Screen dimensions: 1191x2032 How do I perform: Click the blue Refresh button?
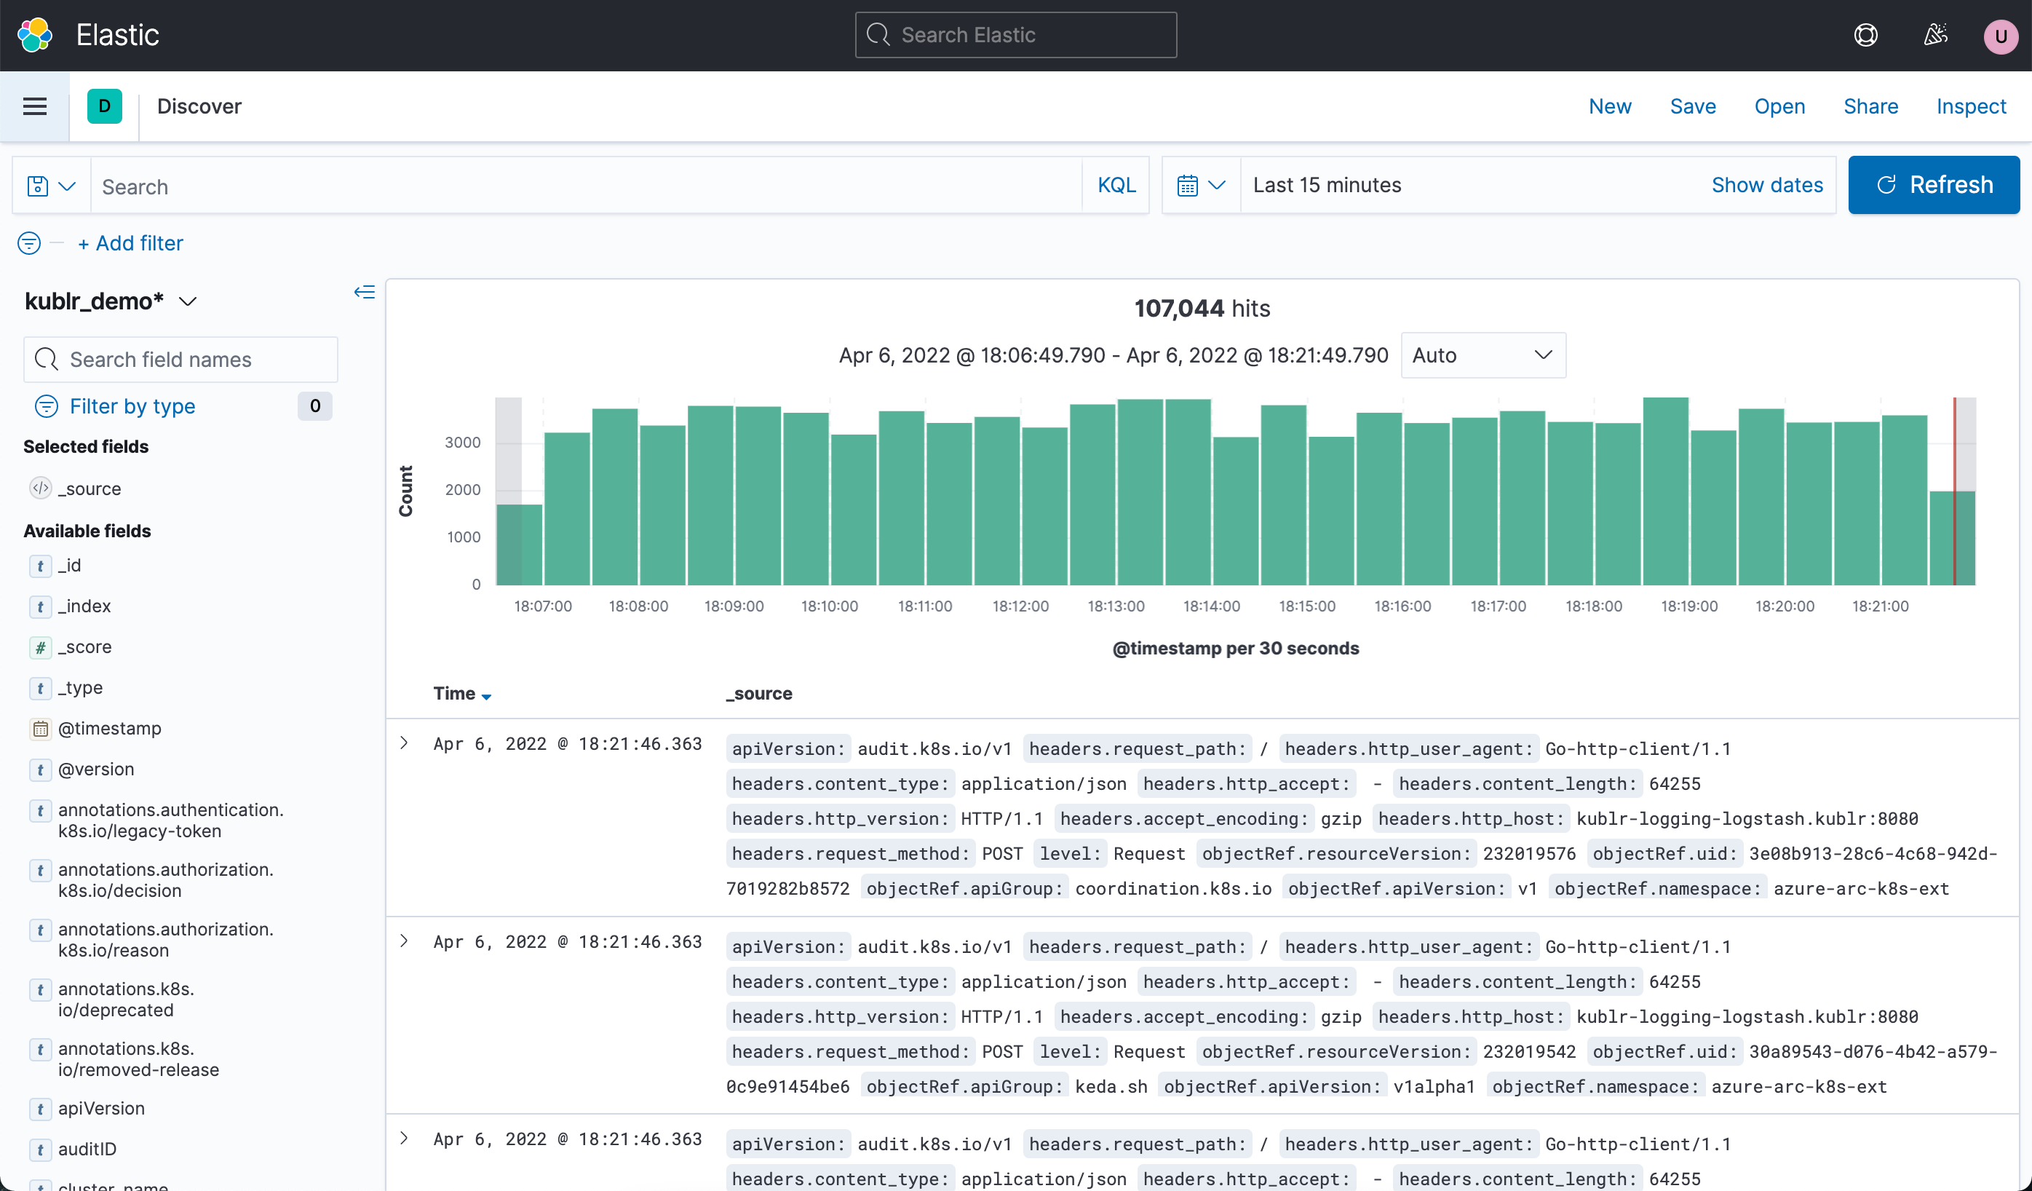tap(1933, 185)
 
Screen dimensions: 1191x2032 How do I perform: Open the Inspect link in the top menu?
tap(1970, 106)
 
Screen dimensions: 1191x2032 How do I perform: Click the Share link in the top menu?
tap(1870, 106)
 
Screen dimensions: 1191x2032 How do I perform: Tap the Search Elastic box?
tap(1015, 35)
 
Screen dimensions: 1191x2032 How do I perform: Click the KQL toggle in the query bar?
tap(1116, 186)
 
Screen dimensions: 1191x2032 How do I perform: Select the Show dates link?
tap(1766, 186)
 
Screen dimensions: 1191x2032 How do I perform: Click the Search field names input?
tap(180, 360)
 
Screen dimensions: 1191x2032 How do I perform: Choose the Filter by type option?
tap(132, 406)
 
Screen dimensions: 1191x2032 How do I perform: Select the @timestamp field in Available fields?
tap(110, 728)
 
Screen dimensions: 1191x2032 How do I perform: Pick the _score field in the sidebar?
tap(84, 646)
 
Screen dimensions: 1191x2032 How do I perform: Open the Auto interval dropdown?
tap(1482, 355)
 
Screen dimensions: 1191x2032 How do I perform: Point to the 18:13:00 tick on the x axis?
tap(1115, 606)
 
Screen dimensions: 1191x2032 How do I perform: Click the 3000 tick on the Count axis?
tap(462, 443)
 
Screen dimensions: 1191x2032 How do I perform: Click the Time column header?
tap(455, 694)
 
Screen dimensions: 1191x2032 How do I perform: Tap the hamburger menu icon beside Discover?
tap(35, 106)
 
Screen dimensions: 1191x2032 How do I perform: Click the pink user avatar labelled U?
tap(2000, 36)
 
